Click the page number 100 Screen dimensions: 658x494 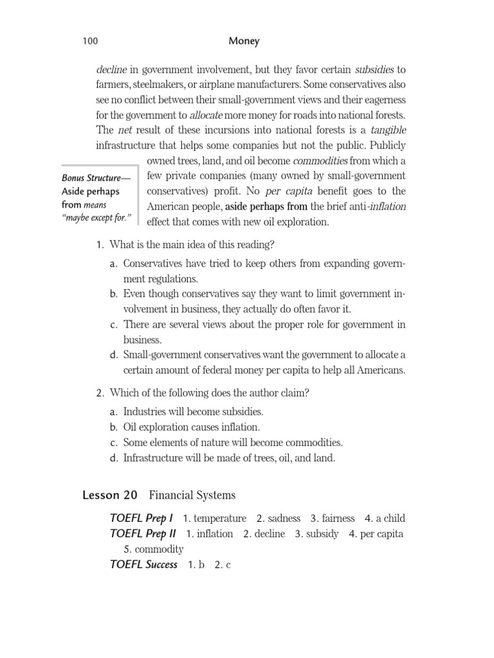click(x=90, y=42)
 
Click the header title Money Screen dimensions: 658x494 click(x=244, y=41)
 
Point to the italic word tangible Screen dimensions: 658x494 click(x=388, y=130)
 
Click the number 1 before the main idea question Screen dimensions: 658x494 click(x=99, y=245)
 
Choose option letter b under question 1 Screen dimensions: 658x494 click(x=113, y=294)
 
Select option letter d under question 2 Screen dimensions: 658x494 click(x=113, y=458)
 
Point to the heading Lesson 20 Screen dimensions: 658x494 click(x=110, y=495)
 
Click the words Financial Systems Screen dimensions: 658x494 click(x=192, y=495)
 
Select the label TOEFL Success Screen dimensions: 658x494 click(x=143, y=565)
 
